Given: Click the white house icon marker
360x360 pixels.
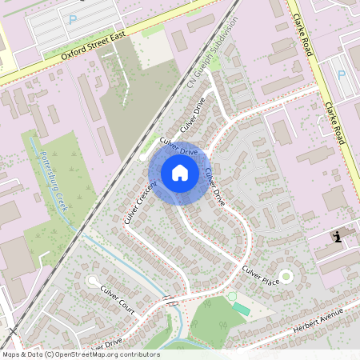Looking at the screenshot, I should tap(180, 173).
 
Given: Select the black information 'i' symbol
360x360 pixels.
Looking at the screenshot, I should tap(338, 236).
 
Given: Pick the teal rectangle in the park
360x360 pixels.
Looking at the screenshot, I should tap(241, 309).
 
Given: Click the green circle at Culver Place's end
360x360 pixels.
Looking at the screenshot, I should tap(286, 276).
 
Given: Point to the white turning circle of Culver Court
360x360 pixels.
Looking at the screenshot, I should tap(94, 281).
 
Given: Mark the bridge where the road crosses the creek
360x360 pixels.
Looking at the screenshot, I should tap(170, 301).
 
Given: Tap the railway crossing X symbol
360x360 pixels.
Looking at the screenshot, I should tap(11, 330).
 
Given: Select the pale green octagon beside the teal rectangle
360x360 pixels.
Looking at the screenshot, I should tap(231, 297).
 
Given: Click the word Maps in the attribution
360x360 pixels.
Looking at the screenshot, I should tap(10, 354).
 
